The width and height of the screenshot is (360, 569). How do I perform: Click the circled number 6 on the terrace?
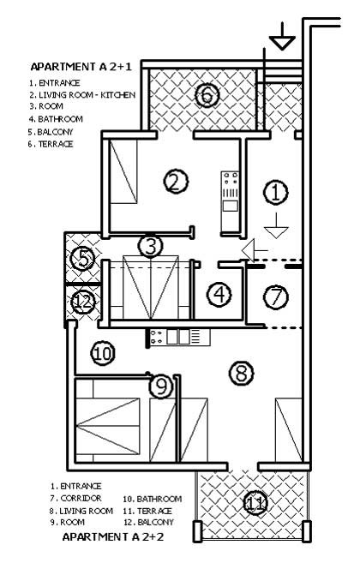click(x=207, y=96)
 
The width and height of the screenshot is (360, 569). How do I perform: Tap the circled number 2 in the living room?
click(x=176, y=182)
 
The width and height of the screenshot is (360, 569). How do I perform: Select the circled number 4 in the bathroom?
click(x=219, y=294)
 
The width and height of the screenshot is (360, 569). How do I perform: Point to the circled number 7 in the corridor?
click(x=276, y=296)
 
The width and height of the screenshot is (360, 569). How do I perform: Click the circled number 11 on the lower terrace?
click(x=255, y=503)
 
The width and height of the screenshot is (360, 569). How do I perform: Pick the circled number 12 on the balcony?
click(x=83, y=302)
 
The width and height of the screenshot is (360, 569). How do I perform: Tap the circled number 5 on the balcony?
click(x=82, y=259)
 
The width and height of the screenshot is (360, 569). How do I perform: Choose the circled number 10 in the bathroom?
click(x=103, y=353)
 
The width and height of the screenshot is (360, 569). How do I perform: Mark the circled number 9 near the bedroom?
click(x=161, y=386)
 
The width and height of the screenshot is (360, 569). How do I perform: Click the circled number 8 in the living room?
click(x=242, y=373)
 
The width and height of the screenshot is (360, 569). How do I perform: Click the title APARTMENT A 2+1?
click(x=81, y=67)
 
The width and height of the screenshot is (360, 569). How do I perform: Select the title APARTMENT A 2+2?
click(x=113, y=536)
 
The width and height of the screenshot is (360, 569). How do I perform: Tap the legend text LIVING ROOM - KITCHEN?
click(x=87, y=95)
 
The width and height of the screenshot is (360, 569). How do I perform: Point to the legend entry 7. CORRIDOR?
click(x=75, y=498)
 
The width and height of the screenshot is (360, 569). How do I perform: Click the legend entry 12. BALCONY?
click(x=149, y=522)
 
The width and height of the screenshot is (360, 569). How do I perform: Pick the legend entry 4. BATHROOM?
click(x=56, y=119)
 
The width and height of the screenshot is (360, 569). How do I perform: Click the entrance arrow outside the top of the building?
click(x=282, y=37)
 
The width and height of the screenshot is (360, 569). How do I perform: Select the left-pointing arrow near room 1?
click(x=255, y=250)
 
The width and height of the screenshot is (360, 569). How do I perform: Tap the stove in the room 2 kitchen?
click(x=231, y=180)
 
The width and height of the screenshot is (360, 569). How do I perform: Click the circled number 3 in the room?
click(x=150, y=246)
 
